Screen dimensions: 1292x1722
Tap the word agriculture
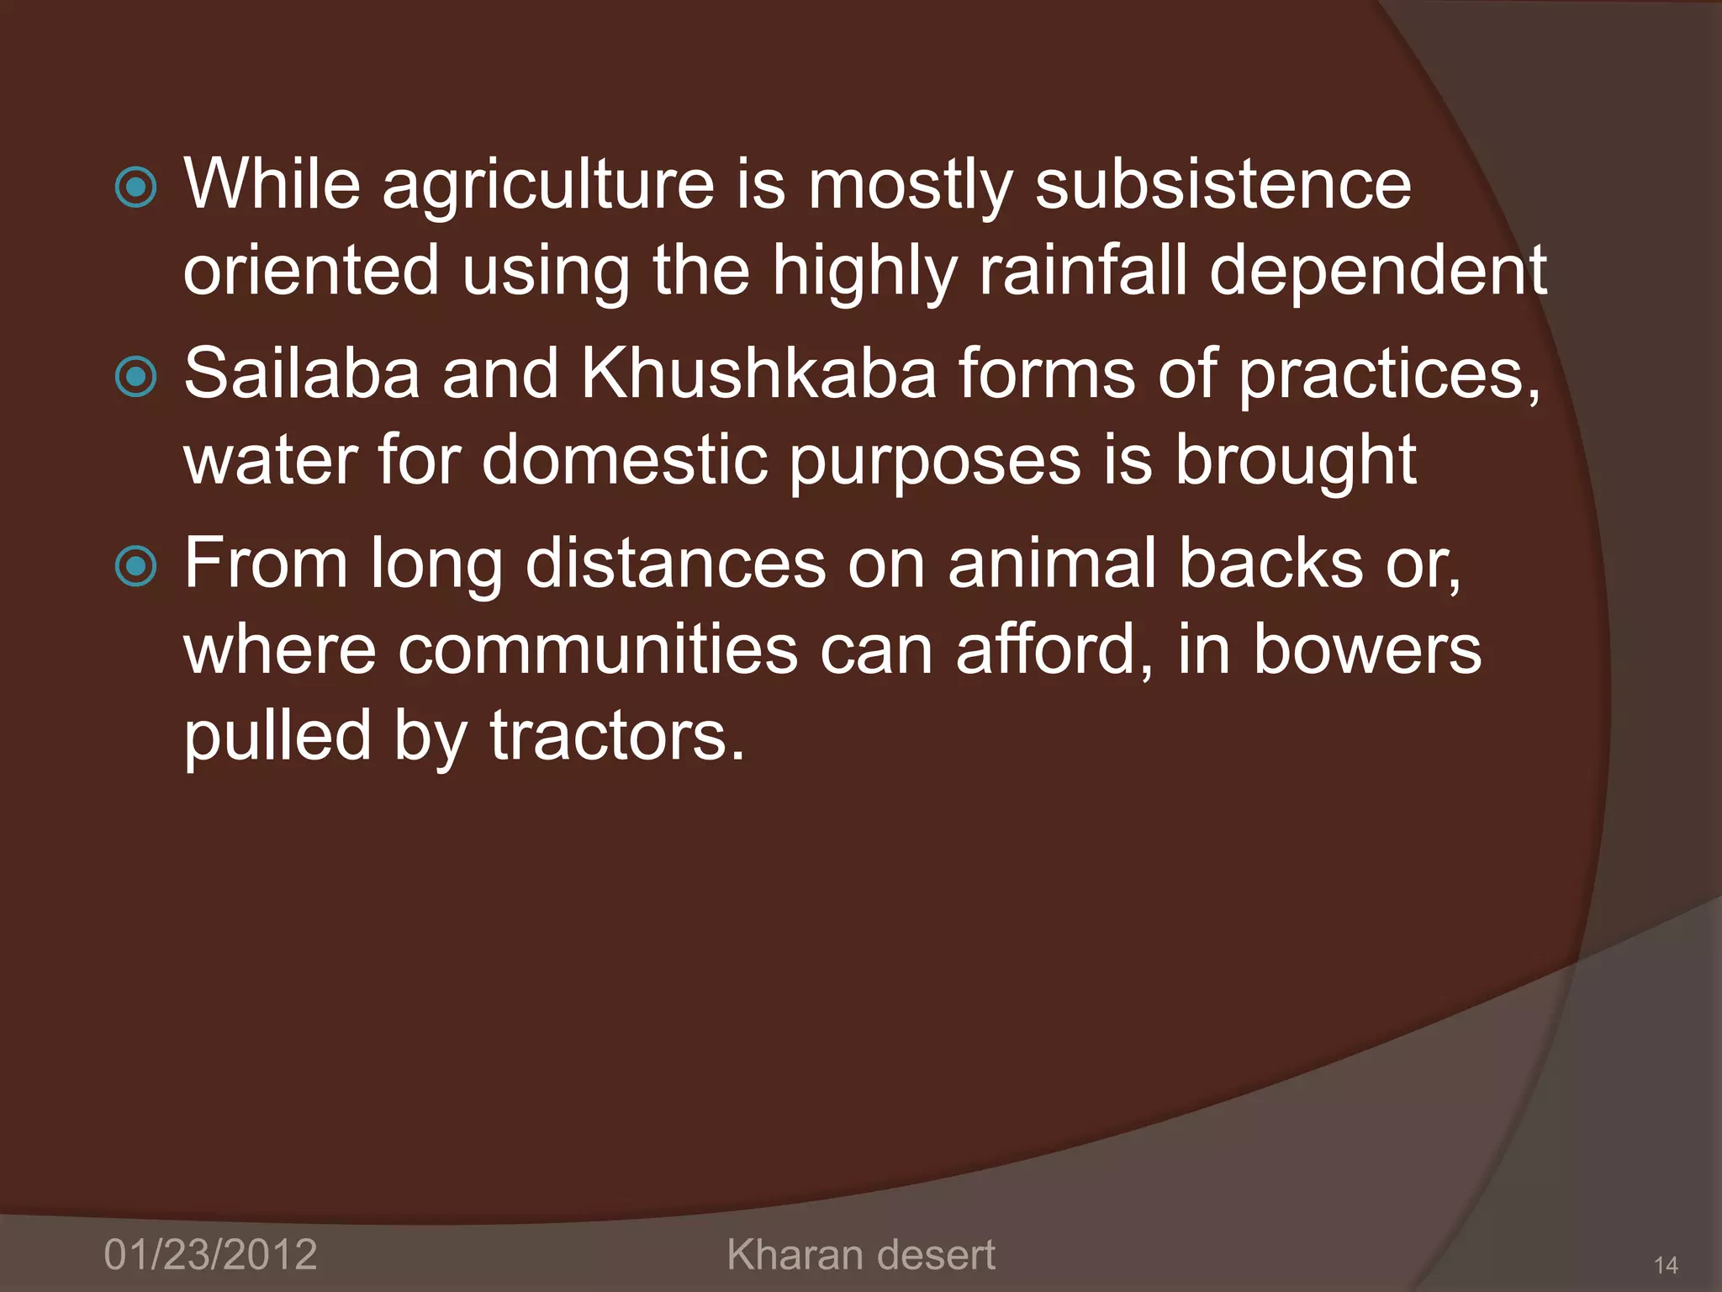click(x=548, y=185)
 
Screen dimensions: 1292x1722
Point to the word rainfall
click(x=1083, y=271)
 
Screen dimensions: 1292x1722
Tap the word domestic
click(x=625, y=460)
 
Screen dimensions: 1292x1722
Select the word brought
click(x=1296, y=462)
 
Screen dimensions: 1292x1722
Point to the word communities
click(x=597, y=649)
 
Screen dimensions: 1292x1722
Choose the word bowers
click(x=1367, y=649)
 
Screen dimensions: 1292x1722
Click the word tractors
click(x=617, y=735)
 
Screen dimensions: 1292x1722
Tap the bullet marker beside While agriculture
click(x=135, y=187)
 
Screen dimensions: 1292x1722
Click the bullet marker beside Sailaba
click(x=135, y=377)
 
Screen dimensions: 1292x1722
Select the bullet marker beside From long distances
click(x=135, y=566)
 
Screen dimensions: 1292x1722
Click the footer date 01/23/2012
click(x=210, y=1254)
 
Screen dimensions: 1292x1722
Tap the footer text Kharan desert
click(x=860, y=1254)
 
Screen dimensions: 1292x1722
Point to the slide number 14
click(x=1665, y=1265)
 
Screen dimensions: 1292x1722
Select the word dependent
click(x=1378, y=271)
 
